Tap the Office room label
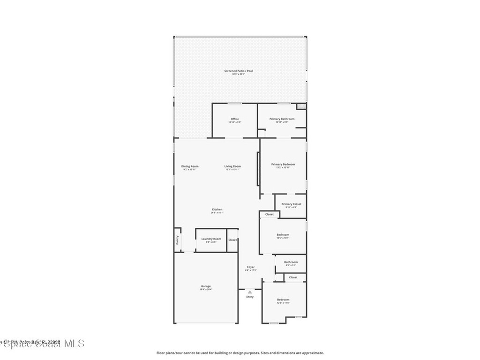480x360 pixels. [x=235, y=119]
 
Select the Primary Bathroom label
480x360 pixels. [x=282, y=119]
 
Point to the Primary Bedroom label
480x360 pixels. [x=283, y=165]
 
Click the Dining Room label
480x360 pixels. [x=190, y=166]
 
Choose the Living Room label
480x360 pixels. [x=232, y=166]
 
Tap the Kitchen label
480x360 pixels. [x=217, y=210]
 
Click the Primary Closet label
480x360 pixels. [x=291, y=204]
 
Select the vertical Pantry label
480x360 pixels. [x=177, y=240]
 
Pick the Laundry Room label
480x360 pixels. [x=211, y=239]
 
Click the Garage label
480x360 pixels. [x=206, y=286]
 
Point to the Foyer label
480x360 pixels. [x=251, y=267]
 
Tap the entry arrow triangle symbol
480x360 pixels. [x=250, y=292]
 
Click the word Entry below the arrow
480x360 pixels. [x=250, y=297]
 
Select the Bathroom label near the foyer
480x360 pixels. [x=291, y=262]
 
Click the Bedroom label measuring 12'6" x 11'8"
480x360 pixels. [x=283, y=300]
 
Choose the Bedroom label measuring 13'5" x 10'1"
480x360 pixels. [x=283, y=235]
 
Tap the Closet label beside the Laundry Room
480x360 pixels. [x=233, y=240]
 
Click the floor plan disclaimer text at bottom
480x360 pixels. [x=240, y=353]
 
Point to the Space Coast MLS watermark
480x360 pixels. [x=42, y=344]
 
